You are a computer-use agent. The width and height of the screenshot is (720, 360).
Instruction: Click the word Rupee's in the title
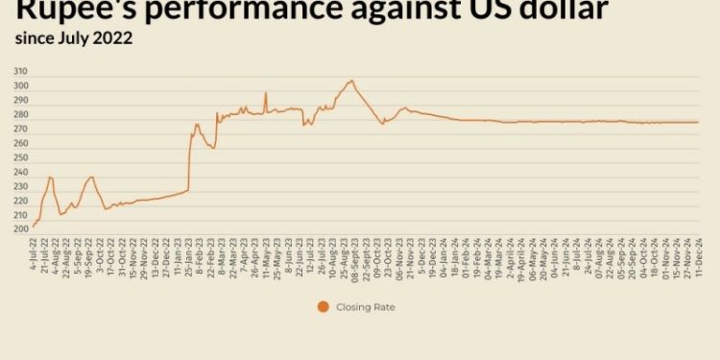73,11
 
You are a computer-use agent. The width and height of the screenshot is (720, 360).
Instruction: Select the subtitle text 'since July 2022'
73,39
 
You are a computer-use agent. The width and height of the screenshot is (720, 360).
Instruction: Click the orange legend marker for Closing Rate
324,307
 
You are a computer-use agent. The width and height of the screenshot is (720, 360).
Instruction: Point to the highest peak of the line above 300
351,81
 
